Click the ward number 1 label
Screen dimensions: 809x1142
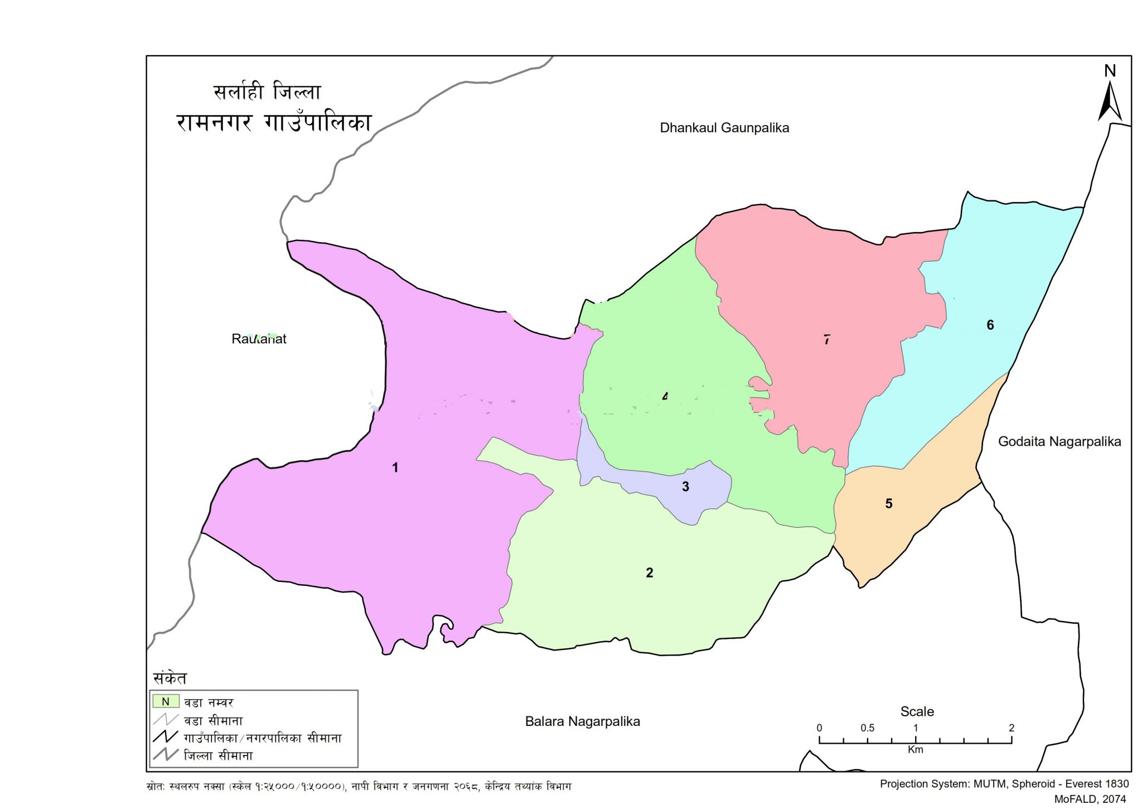click(395, 468)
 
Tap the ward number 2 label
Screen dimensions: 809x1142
click(649, 572)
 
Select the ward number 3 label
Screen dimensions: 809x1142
click(685, 487)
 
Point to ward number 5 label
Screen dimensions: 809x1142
click(889, 504)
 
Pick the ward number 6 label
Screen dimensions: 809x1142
click(990, 325)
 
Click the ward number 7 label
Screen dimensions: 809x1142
click(827, 339)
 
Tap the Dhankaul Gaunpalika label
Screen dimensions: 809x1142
click(724, 128)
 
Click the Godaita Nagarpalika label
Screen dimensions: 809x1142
click(1059, 441)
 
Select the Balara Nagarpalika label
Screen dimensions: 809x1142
click(582, 721)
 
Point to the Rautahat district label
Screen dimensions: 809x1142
click(259, 339)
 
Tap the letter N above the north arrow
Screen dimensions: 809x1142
click(1110, 71)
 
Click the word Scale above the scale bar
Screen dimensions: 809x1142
click(917, 711)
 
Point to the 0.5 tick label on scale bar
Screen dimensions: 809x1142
click(867, 728)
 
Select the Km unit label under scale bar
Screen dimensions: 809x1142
click(915, 749)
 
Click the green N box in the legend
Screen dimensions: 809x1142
click(166, 701)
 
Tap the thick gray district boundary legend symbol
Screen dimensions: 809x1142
click(166, 755)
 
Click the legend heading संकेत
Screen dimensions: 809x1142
click(170, 678)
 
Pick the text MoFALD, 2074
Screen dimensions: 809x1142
click(1090, 799)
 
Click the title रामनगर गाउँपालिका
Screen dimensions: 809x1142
click(274, 122)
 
